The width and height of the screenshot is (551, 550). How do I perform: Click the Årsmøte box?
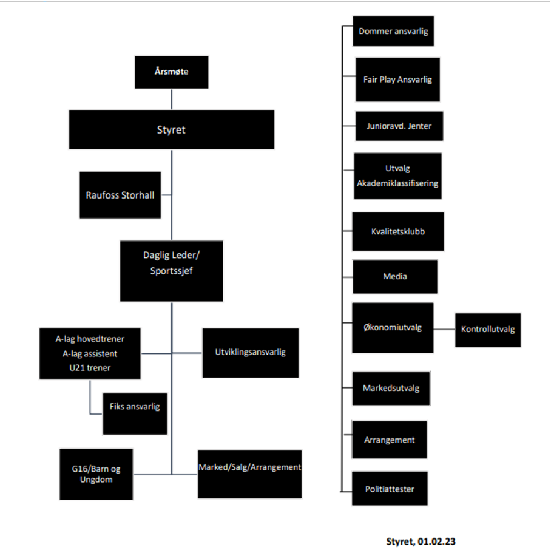click(x=172, y=72)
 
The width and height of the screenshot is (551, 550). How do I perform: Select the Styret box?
click(x=171, y=129)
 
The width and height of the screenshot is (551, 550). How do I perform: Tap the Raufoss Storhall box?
click(x=120, y=195)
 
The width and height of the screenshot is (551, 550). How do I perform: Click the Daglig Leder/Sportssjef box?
click(x=171, y=270)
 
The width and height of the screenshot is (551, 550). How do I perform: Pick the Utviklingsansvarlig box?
click(x=250, y=352)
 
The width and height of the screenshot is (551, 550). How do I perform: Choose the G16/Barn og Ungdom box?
click(x=96, y=474)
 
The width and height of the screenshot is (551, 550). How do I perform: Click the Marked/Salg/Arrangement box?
click(x=250, y=474)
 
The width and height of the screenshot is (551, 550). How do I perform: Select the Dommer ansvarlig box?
click(x=393, y=31)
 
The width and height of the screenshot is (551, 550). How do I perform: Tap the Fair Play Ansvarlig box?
click(x=397, y=80)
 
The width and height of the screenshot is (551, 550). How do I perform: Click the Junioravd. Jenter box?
click(x=399, y=127)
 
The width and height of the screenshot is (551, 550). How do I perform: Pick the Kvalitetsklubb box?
click(x=398, y=231)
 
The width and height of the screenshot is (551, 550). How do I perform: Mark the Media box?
click(x=395, y=276)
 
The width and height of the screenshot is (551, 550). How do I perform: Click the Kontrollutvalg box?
click(x=488, y=330)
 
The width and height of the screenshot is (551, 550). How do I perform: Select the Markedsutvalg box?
click(x=391, y=388)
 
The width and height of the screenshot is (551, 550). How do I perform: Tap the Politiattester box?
click(x=390, y=489)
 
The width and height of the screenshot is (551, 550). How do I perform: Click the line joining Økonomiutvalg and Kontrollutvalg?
click(x=444, y=330)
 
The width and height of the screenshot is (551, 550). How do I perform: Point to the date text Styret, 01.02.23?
click(x=421, y=541)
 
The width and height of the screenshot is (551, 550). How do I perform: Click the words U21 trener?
click(x=90, y=368)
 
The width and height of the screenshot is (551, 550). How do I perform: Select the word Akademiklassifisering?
click(x=397, y=183)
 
